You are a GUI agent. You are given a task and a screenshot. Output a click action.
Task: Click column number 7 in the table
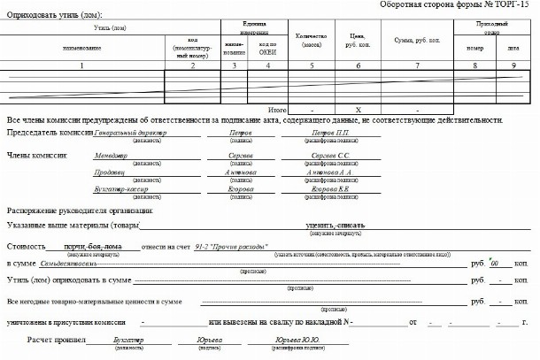coord(416,65)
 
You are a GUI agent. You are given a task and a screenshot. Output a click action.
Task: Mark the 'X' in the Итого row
coord(358,109)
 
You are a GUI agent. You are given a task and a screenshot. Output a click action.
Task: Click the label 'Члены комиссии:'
coord(36,155)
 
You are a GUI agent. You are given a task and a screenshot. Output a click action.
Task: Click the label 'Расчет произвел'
coord(57,339)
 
